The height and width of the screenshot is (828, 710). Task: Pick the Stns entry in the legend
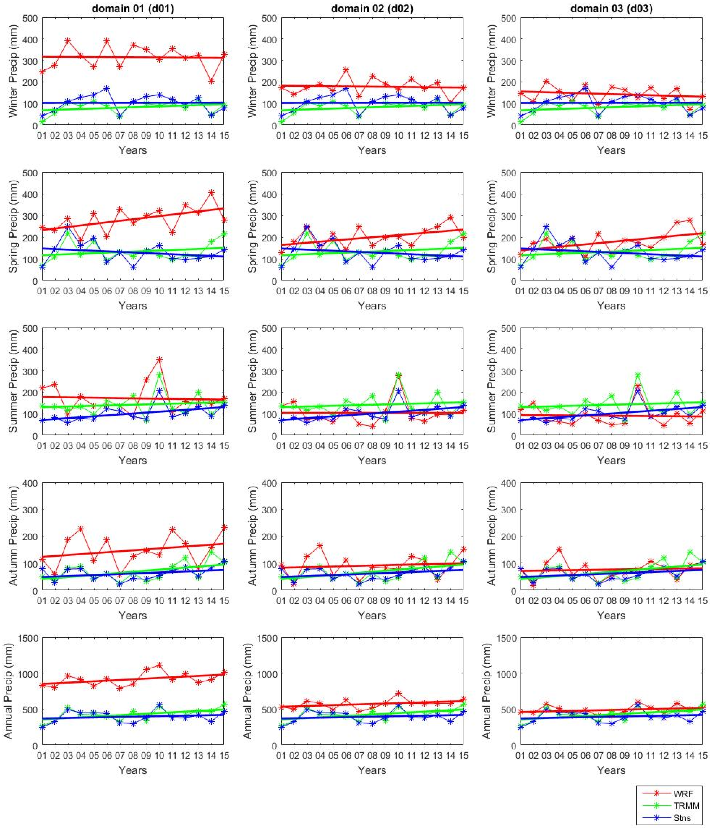pos(682,818)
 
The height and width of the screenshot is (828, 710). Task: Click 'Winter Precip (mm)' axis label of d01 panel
pos(13,71)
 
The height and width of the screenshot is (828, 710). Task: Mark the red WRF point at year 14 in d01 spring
pos(212,193)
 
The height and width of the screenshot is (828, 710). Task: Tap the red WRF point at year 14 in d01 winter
pos(212,81)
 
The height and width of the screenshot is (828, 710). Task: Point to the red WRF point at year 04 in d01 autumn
pos(81,529)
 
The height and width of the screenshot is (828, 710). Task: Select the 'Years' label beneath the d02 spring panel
pos(372,306)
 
